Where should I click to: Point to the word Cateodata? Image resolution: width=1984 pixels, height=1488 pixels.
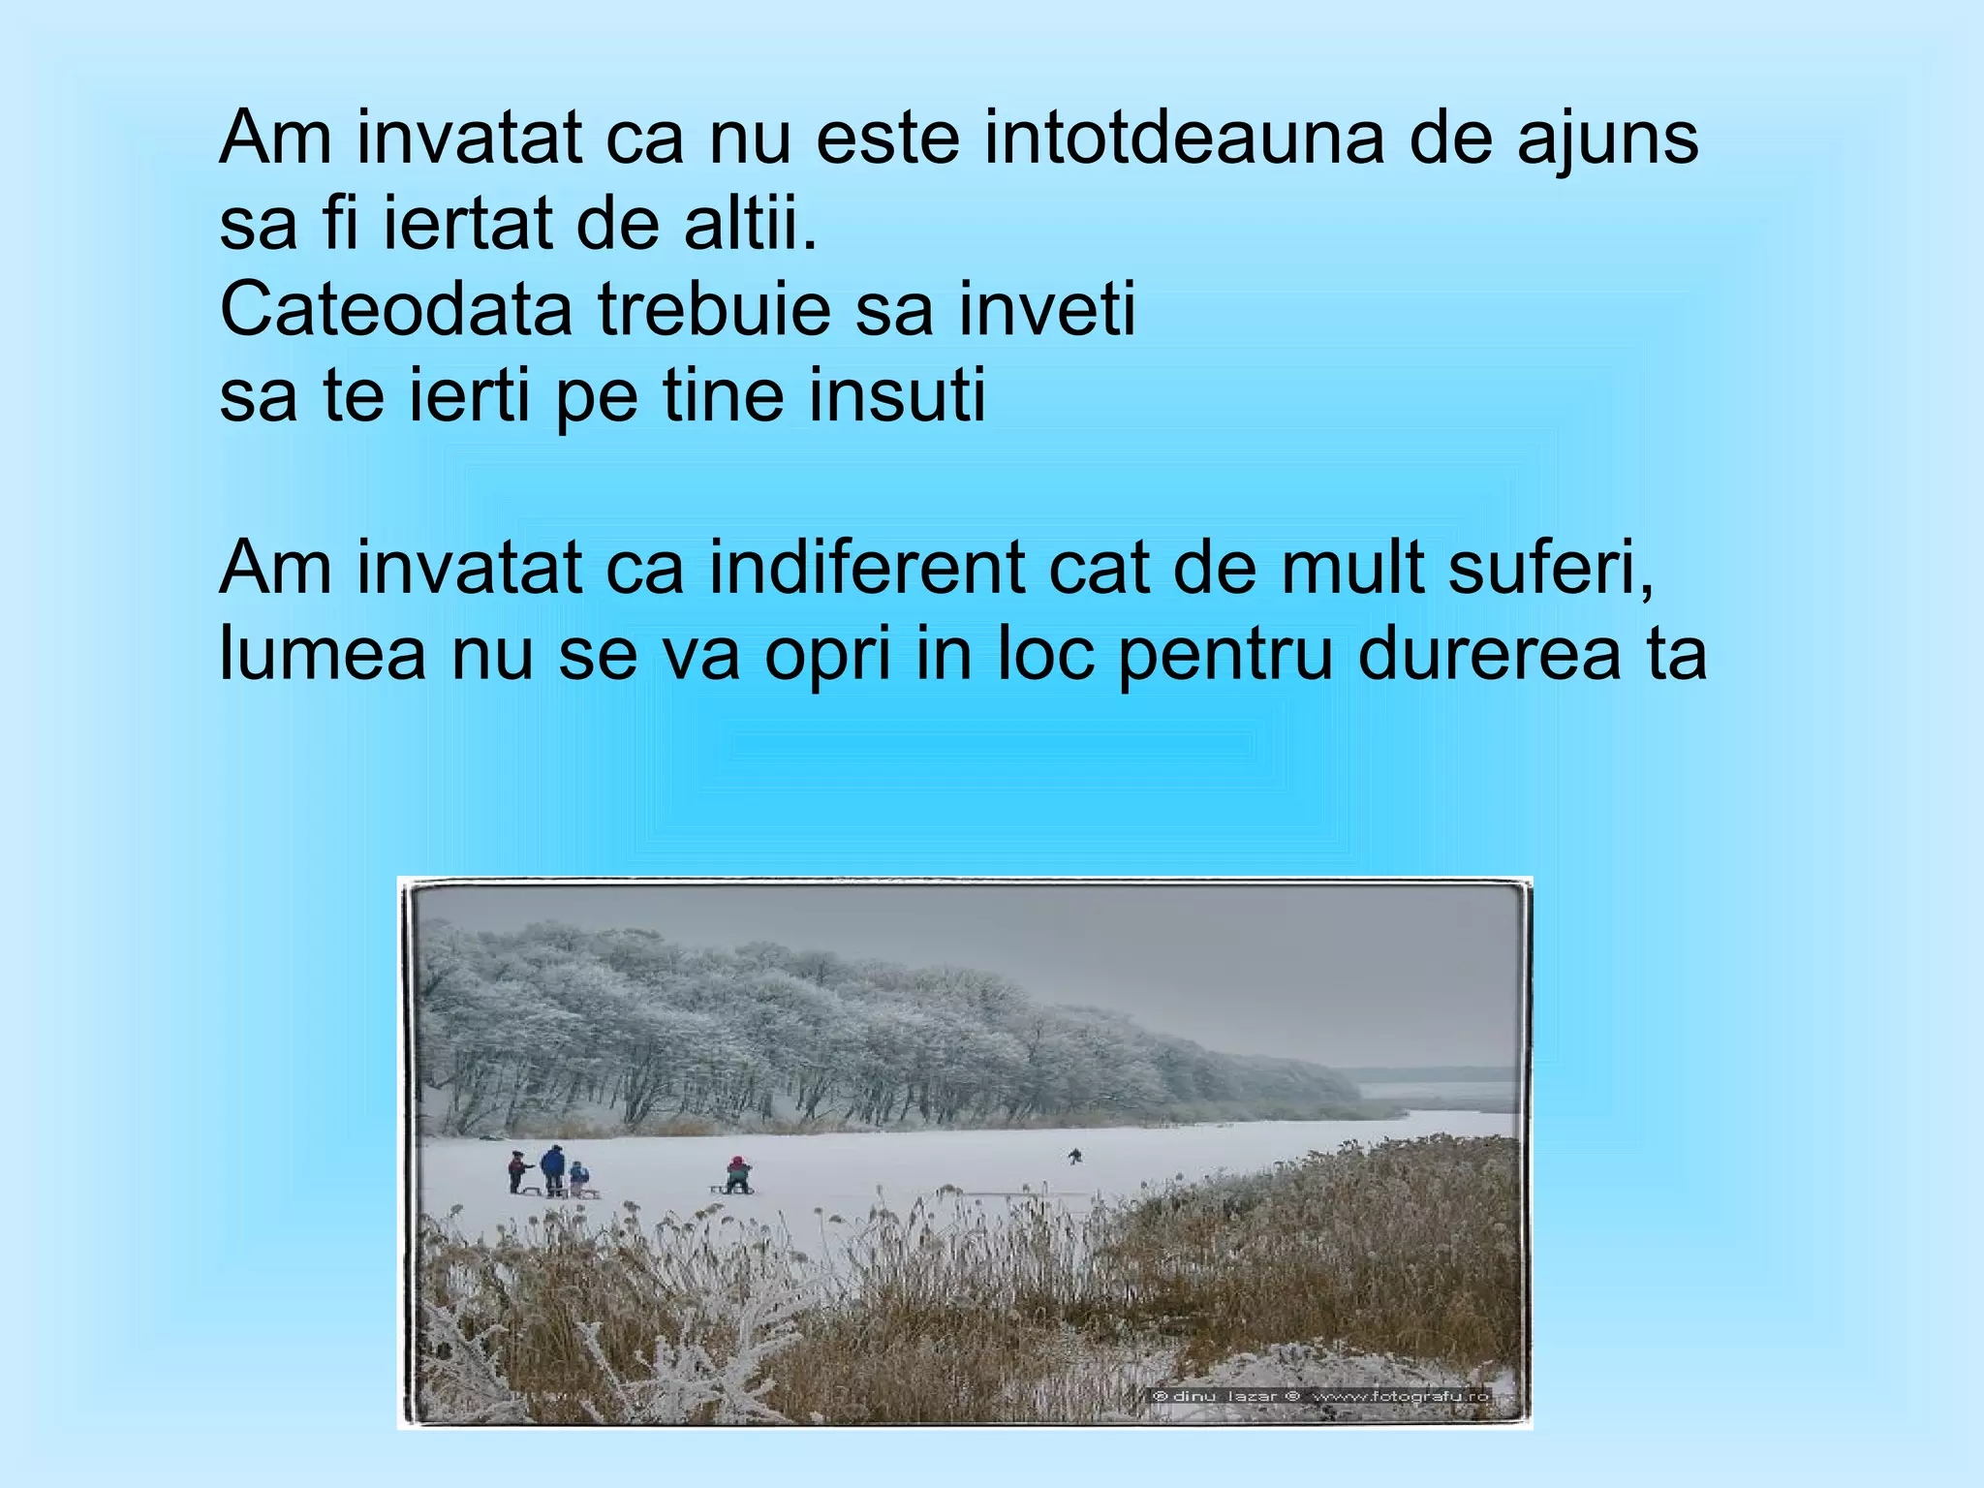[396, 310]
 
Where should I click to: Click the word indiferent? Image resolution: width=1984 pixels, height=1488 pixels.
[866, 568]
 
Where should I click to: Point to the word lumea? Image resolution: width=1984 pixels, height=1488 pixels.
[323, 654]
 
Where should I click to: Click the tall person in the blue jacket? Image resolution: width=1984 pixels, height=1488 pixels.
[552, 1168]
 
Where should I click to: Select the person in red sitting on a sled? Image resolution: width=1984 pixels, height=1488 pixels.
[738, 1174]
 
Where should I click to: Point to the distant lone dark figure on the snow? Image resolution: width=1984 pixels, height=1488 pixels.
[1074, 1156]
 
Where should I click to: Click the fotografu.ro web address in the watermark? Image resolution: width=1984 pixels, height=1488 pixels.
[1400, 1396]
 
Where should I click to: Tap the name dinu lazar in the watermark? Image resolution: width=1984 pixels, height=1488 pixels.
[1224, 1396]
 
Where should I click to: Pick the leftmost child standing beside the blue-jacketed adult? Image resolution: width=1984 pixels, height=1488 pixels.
[518, 1170]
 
